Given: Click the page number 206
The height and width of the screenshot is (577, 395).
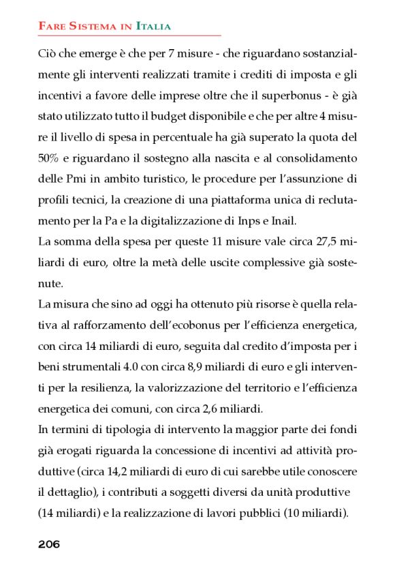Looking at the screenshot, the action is [x=49, y=544].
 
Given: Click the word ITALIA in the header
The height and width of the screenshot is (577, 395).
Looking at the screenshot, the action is [x=153, y=26].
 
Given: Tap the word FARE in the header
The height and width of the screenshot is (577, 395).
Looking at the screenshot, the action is [x=51, y=26].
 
